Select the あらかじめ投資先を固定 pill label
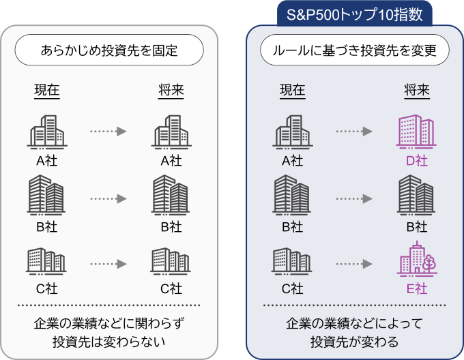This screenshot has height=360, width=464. point(109,51)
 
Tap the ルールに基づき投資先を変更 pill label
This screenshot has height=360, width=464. point(355,51)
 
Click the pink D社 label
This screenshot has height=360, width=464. point(416,161)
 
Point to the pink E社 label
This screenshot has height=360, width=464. point(416,288)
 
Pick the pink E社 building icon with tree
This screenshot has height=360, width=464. point(416,260)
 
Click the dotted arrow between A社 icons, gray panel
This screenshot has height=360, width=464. point(109,131)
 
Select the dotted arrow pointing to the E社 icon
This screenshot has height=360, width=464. point(354,262)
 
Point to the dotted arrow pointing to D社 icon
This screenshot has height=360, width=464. point(354,131)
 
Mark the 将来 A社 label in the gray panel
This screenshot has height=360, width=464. point(171,161)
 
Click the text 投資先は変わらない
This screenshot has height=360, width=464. point(109,340)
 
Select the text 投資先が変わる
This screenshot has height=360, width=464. point(354,340)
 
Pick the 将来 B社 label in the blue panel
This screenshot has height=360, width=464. point(416,226)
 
